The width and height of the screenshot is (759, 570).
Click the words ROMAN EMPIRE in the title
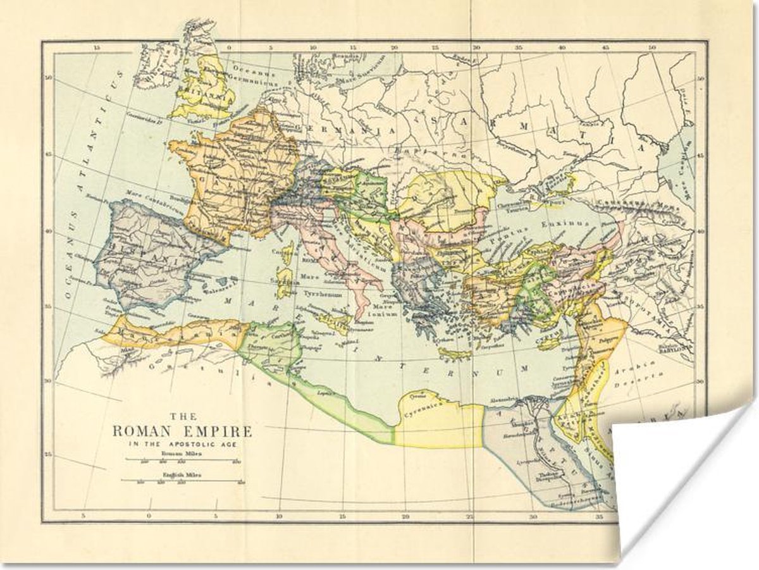[x=182, y=432]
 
